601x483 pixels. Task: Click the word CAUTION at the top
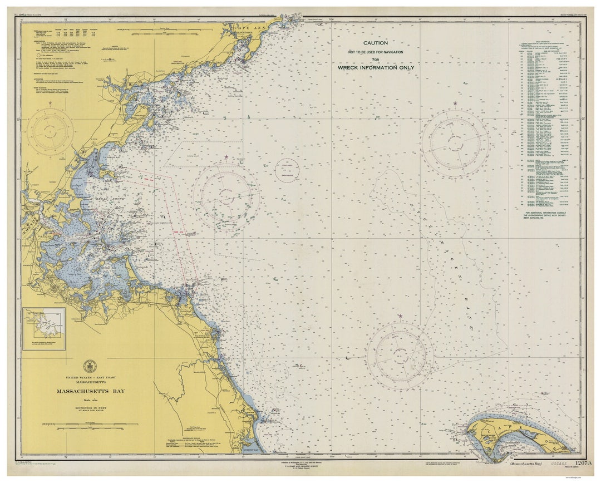[376, 43]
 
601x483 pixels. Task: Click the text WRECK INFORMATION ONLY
[376, 67]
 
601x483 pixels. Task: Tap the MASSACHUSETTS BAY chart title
[90, 391]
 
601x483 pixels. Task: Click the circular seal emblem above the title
[90, 366]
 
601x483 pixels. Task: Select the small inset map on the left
[44, 329]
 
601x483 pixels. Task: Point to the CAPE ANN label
[247, 28]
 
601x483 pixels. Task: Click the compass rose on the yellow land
[50, 131]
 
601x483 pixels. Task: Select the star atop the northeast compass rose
[455, 103]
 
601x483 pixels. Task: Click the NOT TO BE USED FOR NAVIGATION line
[376, 52]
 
